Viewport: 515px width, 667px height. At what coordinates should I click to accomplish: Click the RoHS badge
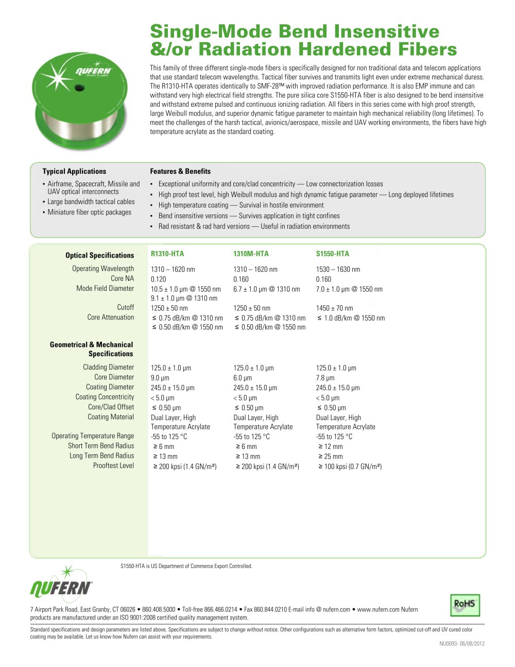pyautogui.click(x=465, y=605)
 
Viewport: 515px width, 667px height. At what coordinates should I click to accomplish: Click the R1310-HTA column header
pyautogui.click(x=167, y=254)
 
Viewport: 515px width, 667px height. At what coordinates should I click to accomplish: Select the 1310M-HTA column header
pyautogui.click(x=251, y=254)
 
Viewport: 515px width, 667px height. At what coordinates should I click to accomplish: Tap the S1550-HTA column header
pyautogui.click(x=333, y=254)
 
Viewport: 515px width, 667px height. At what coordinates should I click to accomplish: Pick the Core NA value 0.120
pyautogui.click(x=159, y=279)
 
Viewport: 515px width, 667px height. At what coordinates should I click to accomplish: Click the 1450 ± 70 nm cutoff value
pyautogui.click(x=335, y=308)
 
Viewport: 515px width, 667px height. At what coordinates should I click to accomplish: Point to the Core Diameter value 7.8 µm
pyautogui.click(x=325, y=378)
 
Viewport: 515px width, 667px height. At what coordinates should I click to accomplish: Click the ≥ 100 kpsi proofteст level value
pyautogui.click(x=350, y=466)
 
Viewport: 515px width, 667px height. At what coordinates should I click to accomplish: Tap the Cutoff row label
pyautogui.click(x=125, y=307)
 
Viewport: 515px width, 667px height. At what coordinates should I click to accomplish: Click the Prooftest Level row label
pyautogui.click(x=113, y=465)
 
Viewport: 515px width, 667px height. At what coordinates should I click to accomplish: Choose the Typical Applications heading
pyautogui.click(x=74, y=171)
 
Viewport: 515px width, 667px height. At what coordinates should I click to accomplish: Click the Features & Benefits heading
pyautogui.click(x=180, y=171)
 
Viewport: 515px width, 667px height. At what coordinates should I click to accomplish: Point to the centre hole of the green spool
pyautogui.click(x=79, y=88)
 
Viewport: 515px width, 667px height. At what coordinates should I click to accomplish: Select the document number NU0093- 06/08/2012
pyautogui.click(x=462, y=643)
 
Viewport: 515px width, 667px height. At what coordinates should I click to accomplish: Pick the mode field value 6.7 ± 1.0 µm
pyautogui.click(x=266, y=289)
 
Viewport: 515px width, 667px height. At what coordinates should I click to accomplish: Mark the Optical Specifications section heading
pyautogui.click(x=99, y=255)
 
